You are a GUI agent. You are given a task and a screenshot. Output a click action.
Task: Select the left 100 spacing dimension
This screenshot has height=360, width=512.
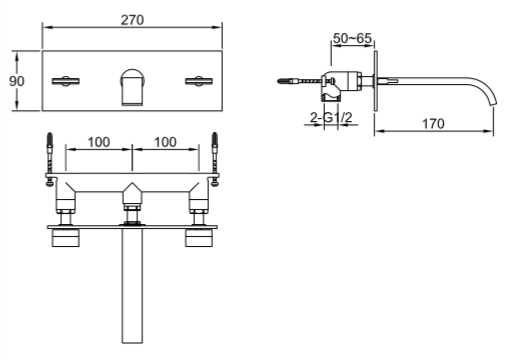point(98,142)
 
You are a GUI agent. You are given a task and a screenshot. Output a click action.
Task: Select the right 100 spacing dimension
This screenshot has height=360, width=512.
point(166,142)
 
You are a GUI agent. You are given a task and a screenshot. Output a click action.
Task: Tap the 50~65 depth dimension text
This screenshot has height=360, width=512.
point(352,37)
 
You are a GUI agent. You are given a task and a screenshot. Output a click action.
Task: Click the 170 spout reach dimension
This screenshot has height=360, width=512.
point(434,124)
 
